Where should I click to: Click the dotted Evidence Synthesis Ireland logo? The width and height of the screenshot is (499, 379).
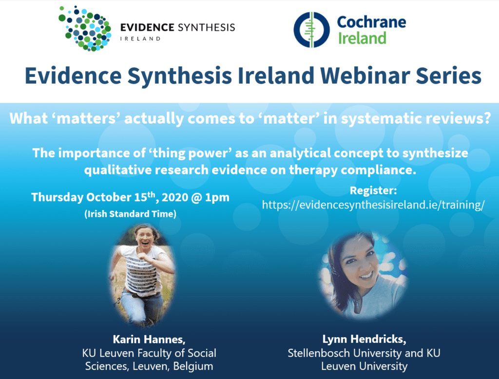pos(85,28)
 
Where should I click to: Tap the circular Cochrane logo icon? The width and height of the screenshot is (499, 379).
pos(311,30)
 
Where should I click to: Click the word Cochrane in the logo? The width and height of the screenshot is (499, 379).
pos(371,22)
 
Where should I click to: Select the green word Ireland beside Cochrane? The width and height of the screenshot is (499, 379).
pos(362,38)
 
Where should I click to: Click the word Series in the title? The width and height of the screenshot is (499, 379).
pos(449,76)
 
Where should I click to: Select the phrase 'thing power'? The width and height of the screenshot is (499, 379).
pos(190,153)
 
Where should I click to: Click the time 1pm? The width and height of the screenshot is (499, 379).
pos(217,197)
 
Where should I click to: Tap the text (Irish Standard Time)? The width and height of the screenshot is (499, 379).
pos(130,213)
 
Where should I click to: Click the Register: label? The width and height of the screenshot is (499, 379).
pos(373,190)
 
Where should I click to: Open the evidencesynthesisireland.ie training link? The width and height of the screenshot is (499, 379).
pos(373,205)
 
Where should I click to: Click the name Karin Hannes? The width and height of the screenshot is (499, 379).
pos(149,339)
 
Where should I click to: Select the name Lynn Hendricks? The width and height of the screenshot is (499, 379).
pos(364,339)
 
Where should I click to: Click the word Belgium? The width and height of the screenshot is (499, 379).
pos(193,366)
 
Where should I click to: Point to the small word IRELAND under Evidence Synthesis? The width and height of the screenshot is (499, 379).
pos(140,39)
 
